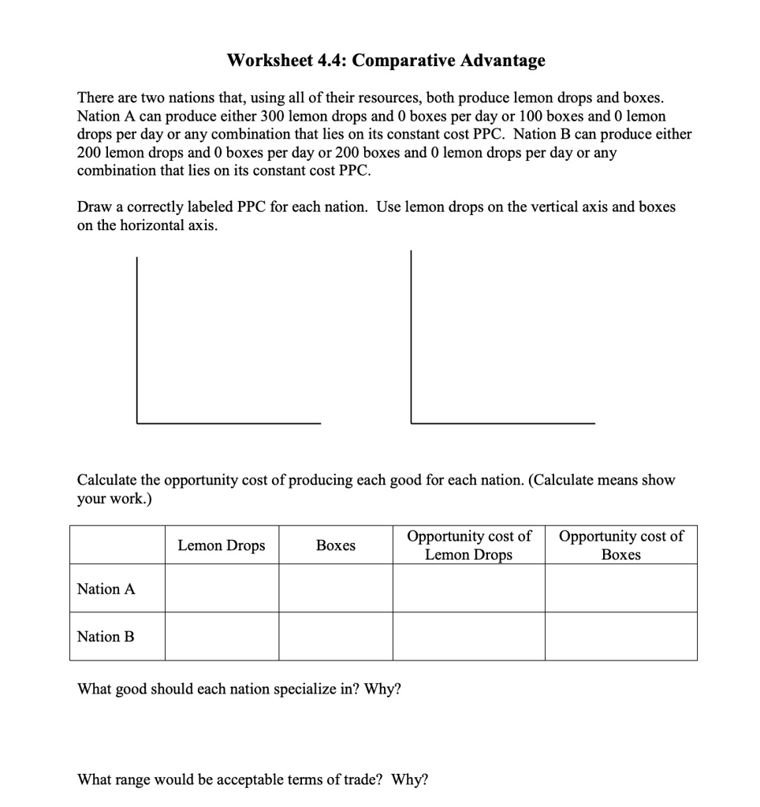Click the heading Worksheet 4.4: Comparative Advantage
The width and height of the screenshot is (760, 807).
pyautogui.click(x=386, y=61)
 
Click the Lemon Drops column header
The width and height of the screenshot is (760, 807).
pyautogui.click(x=222, y=545)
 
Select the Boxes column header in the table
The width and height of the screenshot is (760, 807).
pyautogui.click(x=335, y=545)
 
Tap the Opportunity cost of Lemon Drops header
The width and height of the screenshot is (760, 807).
pyautogui.click(x=468, y=545)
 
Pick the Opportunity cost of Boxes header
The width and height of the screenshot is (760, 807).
pyautogui.click(x=620, y=545)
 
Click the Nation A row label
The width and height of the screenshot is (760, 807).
pyautogui.click(x=106, y=589)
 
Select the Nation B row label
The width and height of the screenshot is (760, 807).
pyautogui.click(x=106, y=636)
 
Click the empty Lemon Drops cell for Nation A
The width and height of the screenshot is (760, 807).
pyautogui.click(x=222, y=589)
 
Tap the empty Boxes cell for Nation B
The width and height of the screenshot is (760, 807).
pyautogui.click(x=335, y=636)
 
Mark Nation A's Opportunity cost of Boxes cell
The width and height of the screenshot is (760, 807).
pyautogui.click(x=620, y=589)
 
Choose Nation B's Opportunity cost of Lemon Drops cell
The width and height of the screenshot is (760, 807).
pyautogui.click(x=468, y=636)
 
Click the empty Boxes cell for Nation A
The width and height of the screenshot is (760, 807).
pyautogui.click(x=335, y=589)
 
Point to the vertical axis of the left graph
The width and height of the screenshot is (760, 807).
pyautogui.click(x=136, y=339)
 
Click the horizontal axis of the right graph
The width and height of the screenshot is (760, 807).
pyautogui.click(x=503, y=424)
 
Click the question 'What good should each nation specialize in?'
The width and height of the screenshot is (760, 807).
pyautogui.click(x=239, y=689)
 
